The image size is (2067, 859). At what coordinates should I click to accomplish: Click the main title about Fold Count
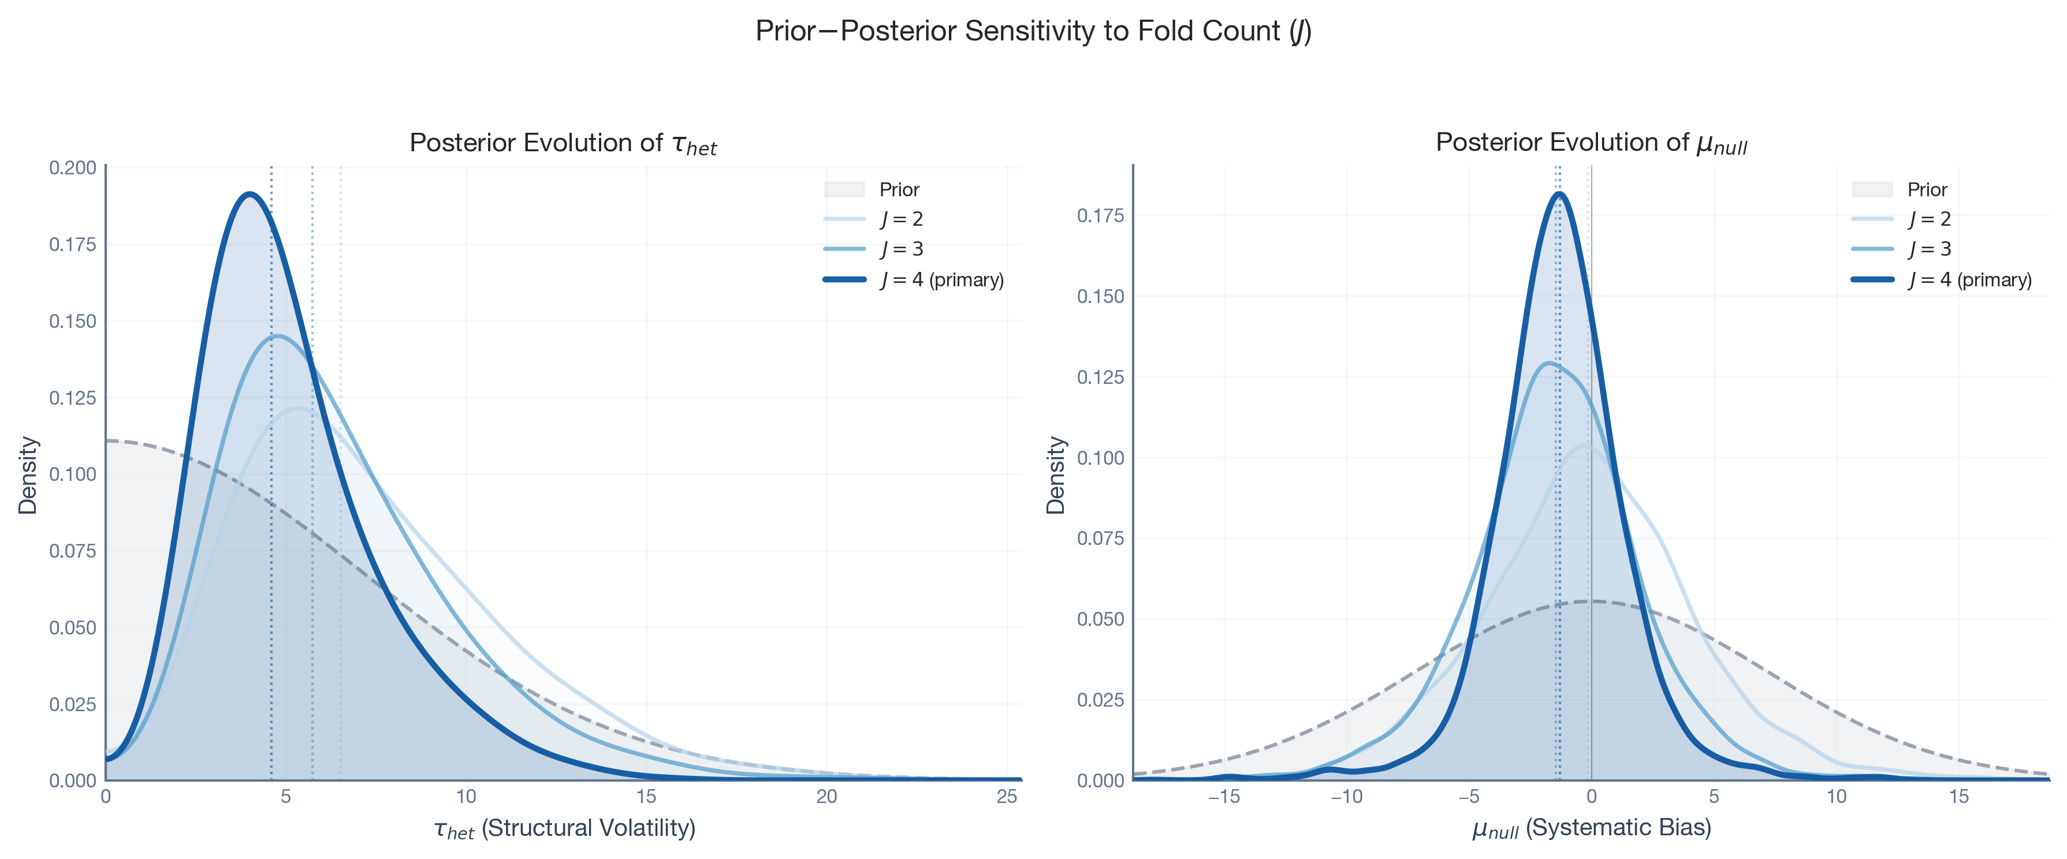click(x=1034, y=31)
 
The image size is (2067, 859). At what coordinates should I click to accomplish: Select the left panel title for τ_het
click(x=563, y=144)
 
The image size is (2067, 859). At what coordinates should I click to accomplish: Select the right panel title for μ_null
click(x=1591, y=144)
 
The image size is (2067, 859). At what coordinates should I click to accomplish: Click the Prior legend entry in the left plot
click(x=899, y=189)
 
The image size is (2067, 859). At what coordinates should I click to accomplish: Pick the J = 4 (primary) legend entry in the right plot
click(x=1970, y=280)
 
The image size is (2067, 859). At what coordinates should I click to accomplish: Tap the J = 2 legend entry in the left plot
click(x=901, y=219)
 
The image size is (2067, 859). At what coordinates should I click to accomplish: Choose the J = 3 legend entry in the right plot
click(x=1929, y=249)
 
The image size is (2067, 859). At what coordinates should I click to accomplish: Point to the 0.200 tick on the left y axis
click(x=72, y=167)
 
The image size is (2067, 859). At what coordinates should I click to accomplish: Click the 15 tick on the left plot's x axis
click(x=646, y=797)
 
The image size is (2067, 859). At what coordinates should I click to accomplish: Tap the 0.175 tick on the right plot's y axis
click(x=1100, y=216)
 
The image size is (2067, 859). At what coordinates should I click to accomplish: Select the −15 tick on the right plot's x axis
click(x=1224, y=797)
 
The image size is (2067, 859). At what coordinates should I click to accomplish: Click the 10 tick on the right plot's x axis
click(x=1837, y=797)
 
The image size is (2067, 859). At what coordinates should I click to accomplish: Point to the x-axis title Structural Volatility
click(x=564, y=828)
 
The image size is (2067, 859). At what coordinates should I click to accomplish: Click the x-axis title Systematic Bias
click(x=1591, y=828)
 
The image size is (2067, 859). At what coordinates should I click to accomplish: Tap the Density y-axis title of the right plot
click(x=1056, y=475)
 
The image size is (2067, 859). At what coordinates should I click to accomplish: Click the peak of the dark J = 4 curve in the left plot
click(x=250, y=194)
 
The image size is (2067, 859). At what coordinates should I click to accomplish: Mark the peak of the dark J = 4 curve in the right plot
click(x=1560, y=193)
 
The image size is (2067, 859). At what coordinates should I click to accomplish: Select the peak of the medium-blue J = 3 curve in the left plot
click(x=277, y=336)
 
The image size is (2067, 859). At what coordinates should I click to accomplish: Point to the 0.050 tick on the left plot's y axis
click(x=72, y=627)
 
